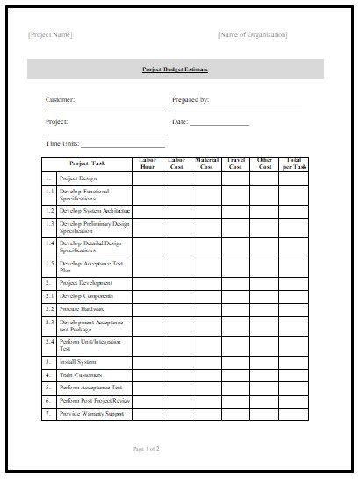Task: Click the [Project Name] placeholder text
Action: coord(50,35)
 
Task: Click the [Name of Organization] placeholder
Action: coord(252,35)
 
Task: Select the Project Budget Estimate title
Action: coord(176,69)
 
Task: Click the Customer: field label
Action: coord(61,100)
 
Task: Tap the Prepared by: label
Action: coord(191,100)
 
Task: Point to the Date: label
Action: coord(181,122)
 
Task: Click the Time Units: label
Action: coord(63,143)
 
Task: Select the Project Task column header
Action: coord(87,163)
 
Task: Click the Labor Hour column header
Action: coord(147,163)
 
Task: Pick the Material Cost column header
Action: coord(206,163)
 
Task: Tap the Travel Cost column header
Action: coord(235,163)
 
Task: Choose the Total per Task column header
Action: coord(294,163)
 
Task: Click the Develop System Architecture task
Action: coord(95,211)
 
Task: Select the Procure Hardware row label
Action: coord(84,309)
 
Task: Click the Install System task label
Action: coord(78,361)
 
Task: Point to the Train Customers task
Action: coord(82,374)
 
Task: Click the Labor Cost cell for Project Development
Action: coord(176,283)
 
